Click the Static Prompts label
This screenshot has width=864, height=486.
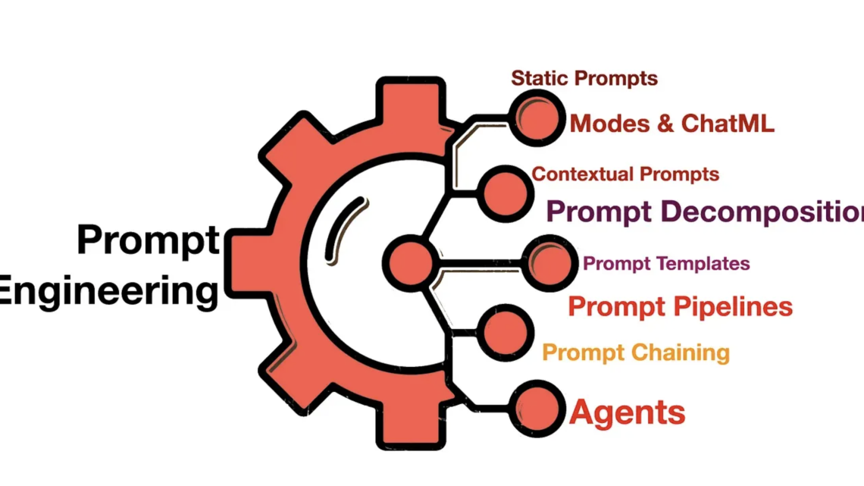[584, 78]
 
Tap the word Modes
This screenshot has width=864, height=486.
[610, 124]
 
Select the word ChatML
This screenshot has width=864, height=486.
[728, 124]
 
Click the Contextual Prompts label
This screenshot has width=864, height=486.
[625, 174]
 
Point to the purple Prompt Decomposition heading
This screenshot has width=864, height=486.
[705, 212]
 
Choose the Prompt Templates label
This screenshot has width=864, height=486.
[666, 264]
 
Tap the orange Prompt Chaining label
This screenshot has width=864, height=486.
[636, 353]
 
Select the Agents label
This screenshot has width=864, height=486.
[627, 412]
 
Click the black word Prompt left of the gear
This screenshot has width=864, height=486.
[149, 240]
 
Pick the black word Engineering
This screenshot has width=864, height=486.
[108, 291]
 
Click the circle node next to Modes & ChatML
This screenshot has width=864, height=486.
[537, 118]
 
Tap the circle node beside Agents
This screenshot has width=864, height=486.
[537, 409]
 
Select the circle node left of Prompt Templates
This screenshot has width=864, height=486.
[549, 263]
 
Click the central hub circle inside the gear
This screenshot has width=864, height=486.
[411, 263]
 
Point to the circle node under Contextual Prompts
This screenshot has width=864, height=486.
[506, 193]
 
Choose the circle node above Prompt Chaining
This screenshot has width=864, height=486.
[506, 333]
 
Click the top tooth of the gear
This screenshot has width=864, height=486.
[411, 102]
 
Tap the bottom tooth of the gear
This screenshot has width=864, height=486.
[411, 425]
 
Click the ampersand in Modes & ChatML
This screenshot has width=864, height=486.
[665, 124]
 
